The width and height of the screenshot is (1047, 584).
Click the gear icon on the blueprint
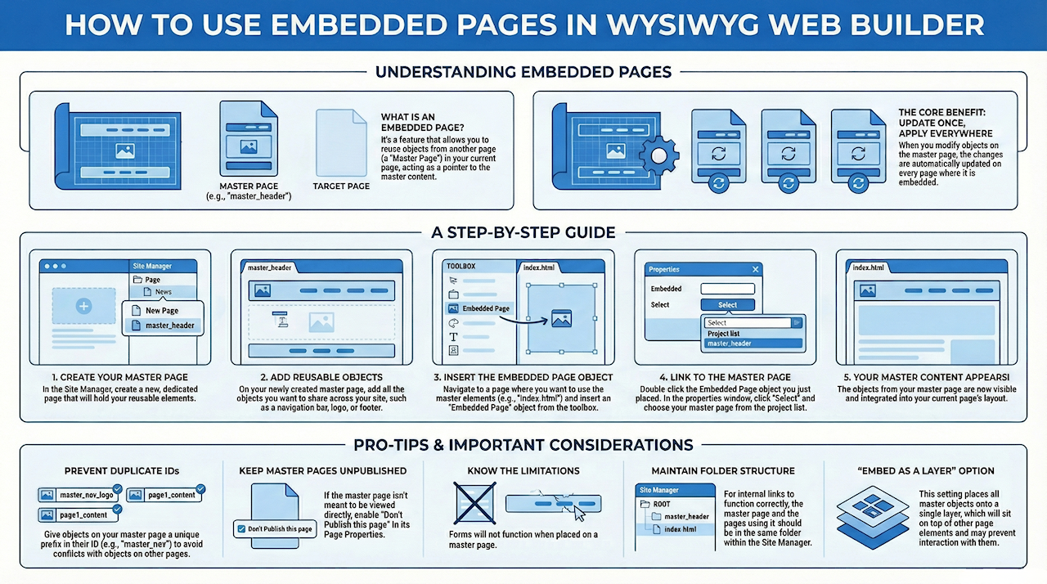coord(659,155)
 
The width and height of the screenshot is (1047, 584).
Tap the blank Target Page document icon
coord(341,143)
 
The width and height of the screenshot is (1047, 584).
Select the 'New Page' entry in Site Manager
coord(162,311)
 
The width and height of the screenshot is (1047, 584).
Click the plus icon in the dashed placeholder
coord(84,307)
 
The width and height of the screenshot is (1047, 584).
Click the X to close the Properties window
coord(755,270)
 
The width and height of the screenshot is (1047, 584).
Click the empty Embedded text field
coord(728,289)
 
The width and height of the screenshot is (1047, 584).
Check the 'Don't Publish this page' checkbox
coord(241,529)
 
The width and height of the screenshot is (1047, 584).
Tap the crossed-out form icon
coord(475,503)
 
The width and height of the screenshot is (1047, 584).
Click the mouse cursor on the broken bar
coord(579,514)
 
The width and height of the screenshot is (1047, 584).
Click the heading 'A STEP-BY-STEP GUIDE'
coord(523,232)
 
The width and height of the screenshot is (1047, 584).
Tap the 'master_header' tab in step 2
coord(270,267)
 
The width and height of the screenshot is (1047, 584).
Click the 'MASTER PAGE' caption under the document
coord(249,186)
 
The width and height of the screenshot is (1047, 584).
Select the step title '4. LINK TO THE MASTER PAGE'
coord(725,378)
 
